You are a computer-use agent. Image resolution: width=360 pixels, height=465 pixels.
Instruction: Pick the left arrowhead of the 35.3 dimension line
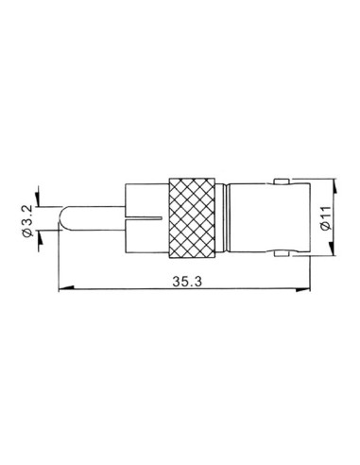coord(63,288)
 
